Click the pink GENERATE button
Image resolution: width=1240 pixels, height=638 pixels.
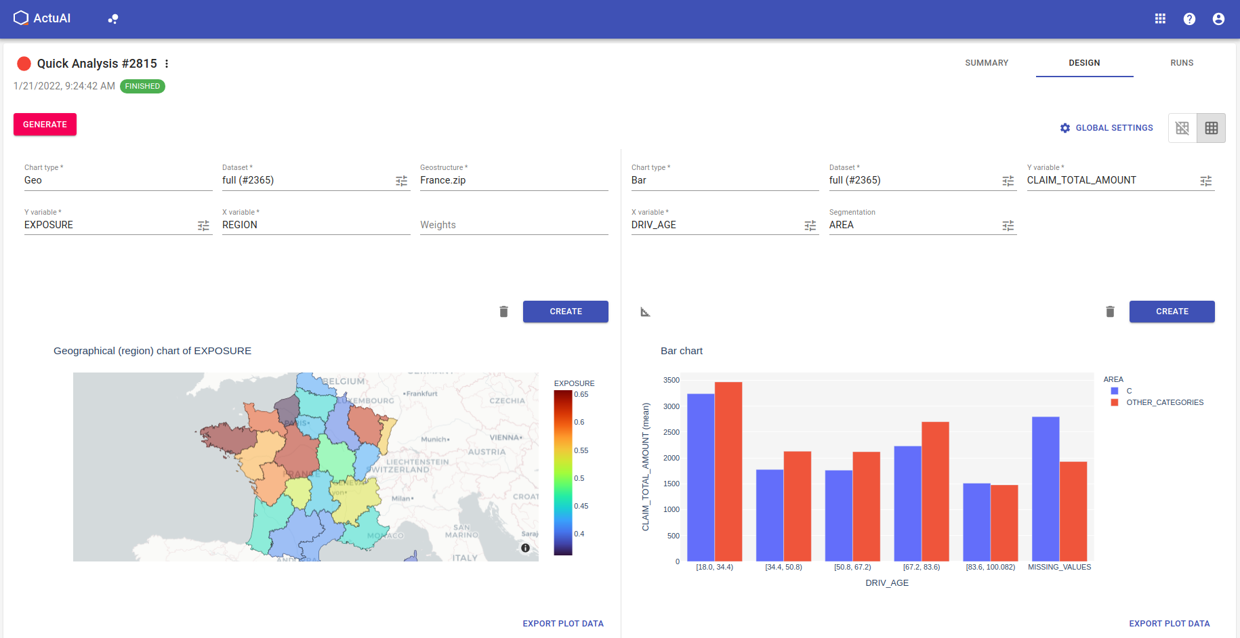tap(45, 125)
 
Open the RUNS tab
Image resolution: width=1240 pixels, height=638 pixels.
tap(1182, 63)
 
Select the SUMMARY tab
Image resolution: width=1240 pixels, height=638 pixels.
tap(987, 63)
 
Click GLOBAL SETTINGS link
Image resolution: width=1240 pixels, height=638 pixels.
tap(1107, 128)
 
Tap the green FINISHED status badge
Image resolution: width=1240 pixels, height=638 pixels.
tap(142, 86)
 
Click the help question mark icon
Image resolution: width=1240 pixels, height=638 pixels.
tap(1189, 19)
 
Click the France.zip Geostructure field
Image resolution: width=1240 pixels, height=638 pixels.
tap(513, 180)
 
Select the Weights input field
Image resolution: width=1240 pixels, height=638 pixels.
tap(513, 225)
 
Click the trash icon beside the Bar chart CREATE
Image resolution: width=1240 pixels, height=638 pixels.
tap(1110, 312)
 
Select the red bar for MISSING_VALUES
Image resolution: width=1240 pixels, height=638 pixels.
tap(1073, 511)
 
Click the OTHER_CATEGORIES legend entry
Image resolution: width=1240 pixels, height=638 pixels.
tap(1164, 402)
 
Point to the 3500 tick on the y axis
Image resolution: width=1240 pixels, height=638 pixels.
tap(671, 381)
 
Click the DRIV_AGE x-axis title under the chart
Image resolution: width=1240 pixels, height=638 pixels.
tap(886, 583)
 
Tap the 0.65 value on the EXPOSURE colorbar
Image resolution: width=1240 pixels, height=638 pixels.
tap(581, 394)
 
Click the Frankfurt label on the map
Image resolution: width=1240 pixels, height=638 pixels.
tap(422, 394)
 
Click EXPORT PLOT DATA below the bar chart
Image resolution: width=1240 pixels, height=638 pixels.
tap(1169, 624)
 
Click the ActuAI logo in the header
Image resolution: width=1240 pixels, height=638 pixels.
tap(42, 18)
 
